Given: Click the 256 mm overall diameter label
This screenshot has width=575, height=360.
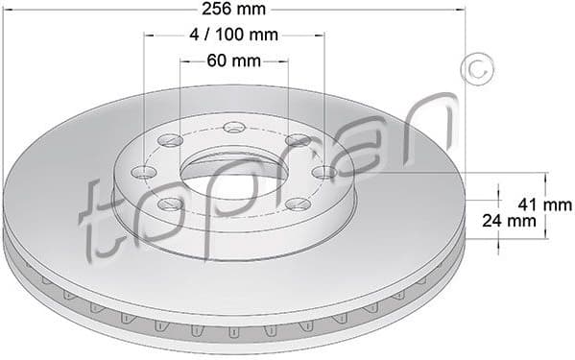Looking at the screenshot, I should coord(234,11).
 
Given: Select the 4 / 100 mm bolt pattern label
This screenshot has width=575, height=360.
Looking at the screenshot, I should coord(234,36).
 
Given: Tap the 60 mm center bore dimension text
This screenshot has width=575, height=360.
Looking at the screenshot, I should coord(234,61).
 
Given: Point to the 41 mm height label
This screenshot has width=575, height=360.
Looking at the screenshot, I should coord(544,204).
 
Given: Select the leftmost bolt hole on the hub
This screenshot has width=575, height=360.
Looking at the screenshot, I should coord(144,173).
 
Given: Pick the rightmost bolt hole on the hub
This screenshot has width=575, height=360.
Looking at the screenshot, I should coord(323,173).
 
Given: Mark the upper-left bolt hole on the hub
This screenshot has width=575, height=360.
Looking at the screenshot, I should coord(171,141).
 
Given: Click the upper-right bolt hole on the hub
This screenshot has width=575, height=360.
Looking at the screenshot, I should coord(299,141).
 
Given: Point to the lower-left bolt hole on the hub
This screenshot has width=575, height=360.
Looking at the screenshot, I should coord(170,204).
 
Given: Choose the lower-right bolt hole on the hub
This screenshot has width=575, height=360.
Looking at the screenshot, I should coord(299,204).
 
